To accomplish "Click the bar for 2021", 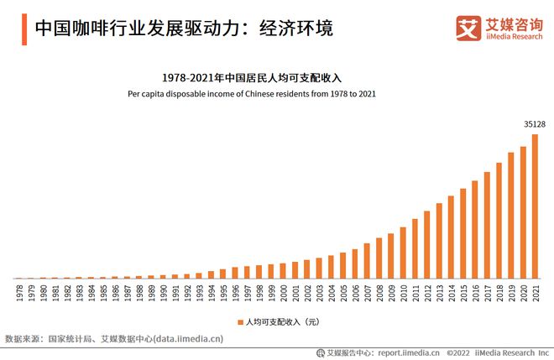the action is (535, 206).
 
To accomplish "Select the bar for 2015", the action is (463, 233).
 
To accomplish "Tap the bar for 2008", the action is (379, 258).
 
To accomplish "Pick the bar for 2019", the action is (511, 216).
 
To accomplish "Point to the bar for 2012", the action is (426, 245).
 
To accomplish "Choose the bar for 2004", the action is (331, 267).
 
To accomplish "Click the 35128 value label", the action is (535, 124).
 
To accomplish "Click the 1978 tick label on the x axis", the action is (20, 293).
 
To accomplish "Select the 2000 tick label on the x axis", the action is (284, 293).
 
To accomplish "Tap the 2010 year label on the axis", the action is (403, 293).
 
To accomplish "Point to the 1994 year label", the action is (212, 293).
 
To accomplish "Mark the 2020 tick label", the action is (523, 293).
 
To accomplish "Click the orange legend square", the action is (241, 322).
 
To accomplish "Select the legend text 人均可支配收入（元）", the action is (283, 322).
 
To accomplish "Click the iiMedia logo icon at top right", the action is (468, 29).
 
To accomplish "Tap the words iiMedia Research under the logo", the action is (514, 37).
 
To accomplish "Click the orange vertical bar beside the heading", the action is (24, 29).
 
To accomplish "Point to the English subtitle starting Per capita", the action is (252, 94).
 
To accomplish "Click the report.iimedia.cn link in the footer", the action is (409, 352).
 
